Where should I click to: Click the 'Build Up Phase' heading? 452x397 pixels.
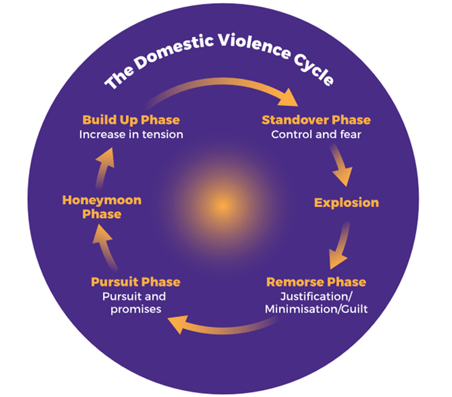point(131,120)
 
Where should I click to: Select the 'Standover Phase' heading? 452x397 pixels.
point(316,120)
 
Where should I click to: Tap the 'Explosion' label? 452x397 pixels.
point(347,202)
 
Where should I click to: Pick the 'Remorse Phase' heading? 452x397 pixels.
point(316,282)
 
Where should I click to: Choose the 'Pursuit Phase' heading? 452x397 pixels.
point(135,282)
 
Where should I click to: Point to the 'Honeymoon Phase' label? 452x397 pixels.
point(102,207)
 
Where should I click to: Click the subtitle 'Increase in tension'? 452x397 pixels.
point(131,134)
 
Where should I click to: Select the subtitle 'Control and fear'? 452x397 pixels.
point(316,134)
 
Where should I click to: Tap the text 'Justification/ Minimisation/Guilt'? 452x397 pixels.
point(316,303)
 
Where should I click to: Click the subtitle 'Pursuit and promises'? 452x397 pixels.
point(135,303)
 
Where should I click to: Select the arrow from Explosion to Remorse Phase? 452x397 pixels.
point(341,243)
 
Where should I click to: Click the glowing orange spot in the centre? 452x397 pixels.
point(222,205)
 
